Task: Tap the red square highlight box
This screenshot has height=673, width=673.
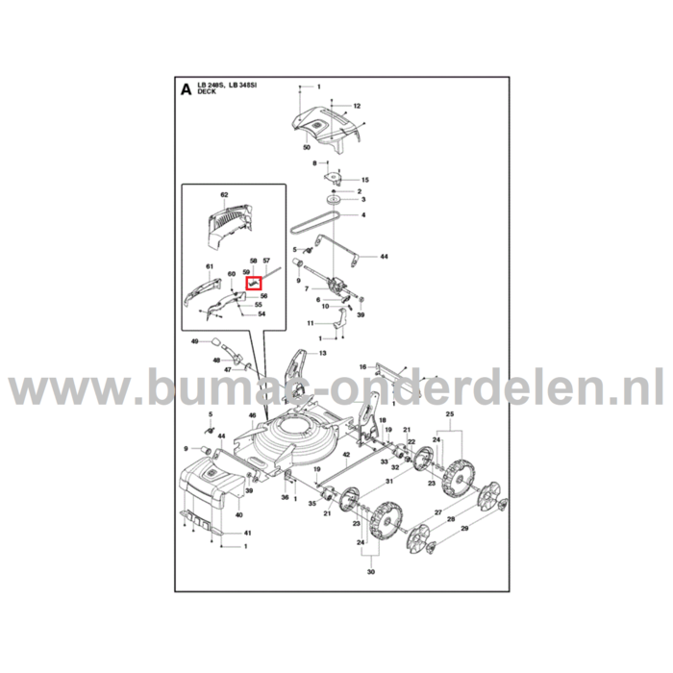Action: [252, 283]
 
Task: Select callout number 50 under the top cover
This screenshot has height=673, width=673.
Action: [306, 148]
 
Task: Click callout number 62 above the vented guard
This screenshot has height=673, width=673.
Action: [225, 195]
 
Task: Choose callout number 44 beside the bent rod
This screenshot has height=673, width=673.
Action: [384, 258]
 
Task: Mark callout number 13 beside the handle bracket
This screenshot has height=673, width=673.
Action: [322, 354]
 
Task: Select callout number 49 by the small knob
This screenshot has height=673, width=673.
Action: [193, 341]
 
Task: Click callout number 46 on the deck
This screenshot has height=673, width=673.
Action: [252, 416]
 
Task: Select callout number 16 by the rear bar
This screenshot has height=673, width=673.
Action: [362, 366]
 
